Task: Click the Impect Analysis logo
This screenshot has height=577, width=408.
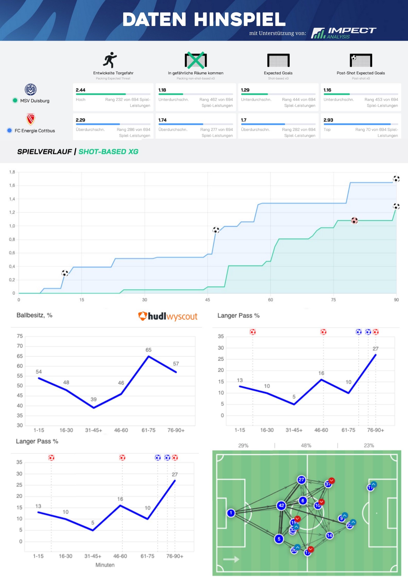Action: click(343, 33)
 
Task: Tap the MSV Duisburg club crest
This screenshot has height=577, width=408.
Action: click(31, 90)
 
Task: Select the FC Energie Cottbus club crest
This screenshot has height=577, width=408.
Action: click(31, 119)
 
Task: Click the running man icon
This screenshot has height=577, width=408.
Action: click(110, 60)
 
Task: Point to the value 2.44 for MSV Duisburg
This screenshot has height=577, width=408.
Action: click(81, 90)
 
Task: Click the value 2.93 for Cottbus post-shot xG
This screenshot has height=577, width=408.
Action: click(328, 120)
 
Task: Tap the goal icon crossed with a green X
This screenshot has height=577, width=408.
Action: click(196, 60)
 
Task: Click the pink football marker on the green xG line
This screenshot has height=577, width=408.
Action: click(354, 220)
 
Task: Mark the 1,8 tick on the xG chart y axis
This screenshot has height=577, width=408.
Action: click(12, 172)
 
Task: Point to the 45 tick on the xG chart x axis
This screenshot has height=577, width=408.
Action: click(208, 300)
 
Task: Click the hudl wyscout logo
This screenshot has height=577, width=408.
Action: click(168, 316)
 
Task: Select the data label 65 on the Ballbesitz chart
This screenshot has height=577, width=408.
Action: click(148, 350)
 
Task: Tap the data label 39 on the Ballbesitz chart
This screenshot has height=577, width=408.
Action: click(94, 399)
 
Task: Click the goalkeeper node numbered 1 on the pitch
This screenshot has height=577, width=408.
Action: click(231, 513)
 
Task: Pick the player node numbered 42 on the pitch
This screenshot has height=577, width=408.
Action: click(281, 505)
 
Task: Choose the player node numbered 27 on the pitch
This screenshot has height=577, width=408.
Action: click(301, 480)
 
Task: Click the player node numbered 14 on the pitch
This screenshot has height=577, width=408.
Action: click(330, 536)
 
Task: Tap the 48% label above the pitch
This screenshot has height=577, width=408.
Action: click(306, 446)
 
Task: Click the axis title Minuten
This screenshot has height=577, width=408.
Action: click(105, 565)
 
